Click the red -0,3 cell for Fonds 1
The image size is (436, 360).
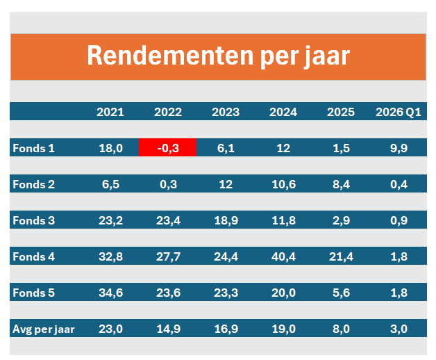(168, 147)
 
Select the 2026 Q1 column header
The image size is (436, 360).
(399, 112)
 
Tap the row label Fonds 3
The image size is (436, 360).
(33, 220)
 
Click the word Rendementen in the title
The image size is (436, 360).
(170, 56)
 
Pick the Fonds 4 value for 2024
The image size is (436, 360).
(283, 256)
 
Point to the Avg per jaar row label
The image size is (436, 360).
(43, 329)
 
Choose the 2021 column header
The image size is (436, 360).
(110, 112)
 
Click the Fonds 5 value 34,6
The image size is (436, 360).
(110, 293)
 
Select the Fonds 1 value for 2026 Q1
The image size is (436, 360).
(399, 148)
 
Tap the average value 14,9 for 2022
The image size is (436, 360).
(169, 329)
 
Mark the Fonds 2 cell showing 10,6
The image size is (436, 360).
(284, 184)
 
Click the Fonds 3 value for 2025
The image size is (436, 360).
(341, 220)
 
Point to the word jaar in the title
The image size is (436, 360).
(326, 57)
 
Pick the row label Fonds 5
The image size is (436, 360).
(33, 293)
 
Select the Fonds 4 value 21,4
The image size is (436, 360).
(341, 256)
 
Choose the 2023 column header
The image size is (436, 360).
(226, 112)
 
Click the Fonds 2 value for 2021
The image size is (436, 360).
(110, 184)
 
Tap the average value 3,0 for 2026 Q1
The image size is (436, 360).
(399, 329)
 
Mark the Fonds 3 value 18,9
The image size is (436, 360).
(226, 220)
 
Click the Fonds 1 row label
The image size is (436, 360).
(33, 148)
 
